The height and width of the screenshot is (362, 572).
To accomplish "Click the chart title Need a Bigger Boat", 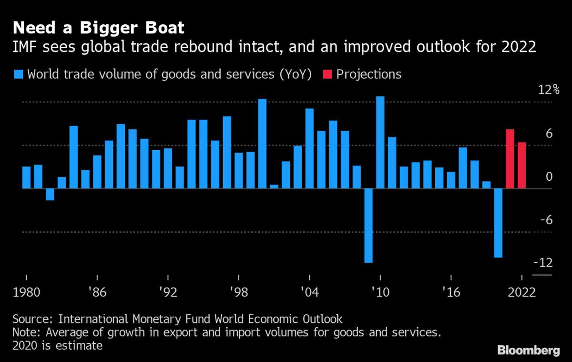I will pos(98,28).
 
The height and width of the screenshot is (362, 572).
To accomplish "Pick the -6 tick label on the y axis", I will pos(545,220).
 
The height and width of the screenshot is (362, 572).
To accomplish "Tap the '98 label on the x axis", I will pos(238,292).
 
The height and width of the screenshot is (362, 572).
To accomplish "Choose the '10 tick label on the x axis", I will pos(380,292).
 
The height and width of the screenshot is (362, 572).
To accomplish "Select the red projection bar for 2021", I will pos(510,159).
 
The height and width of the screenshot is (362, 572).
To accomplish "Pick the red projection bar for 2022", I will pos(522,165).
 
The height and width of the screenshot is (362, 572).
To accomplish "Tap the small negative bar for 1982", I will pos(50,194).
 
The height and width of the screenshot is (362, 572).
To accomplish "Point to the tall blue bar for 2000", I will pos(262,144).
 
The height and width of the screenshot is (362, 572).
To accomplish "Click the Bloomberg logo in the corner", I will pos(529,351).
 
